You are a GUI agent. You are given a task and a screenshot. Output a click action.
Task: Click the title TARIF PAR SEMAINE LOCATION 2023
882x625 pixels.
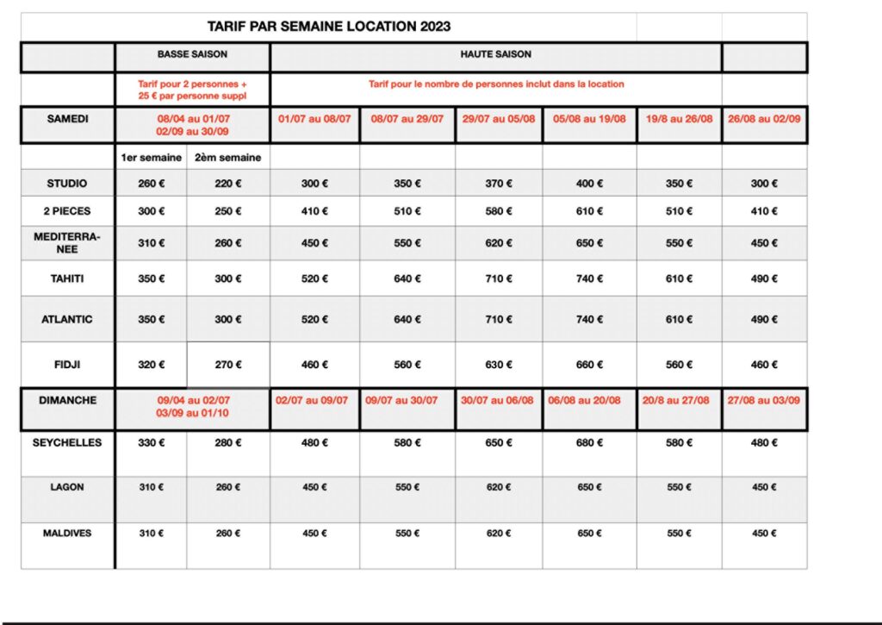pos(328,27)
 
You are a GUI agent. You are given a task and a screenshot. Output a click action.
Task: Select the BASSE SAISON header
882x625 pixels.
pos(192,54)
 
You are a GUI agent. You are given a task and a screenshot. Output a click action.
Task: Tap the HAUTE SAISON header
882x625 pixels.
pos(495,54)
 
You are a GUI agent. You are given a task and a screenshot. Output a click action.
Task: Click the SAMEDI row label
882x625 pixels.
pos(67,118)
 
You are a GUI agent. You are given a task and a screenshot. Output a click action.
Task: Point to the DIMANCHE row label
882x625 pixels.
pos(67,401)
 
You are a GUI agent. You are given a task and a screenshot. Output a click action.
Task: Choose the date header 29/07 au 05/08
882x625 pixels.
pos(499,119)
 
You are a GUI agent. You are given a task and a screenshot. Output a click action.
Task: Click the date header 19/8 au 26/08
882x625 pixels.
pos(680,119)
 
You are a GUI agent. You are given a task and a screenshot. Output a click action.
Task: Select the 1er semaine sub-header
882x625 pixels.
pos(151,158)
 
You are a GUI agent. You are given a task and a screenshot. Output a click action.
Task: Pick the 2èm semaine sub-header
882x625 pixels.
pos(228,158)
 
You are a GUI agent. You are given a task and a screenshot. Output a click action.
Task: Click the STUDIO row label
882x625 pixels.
pos(67,184)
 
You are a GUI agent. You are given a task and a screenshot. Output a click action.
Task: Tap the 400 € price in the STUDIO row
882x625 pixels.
pos(590,184)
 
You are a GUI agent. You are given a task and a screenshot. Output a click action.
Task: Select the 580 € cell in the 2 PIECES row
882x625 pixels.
pos(499,211)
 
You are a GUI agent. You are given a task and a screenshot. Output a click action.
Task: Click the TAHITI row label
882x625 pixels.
pos(67,278)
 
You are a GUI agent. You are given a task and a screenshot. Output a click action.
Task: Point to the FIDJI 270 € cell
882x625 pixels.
pos(228,365)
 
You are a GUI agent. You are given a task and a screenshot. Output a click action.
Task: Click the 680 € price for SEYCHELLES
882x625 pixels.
pos(590,443)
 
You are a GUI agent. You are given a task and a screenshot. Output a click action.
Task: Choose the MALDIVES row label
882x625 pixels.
pos(67,534)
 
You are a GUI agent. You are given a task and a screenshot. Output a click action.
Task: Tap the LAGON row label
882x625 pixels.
pos(67,487)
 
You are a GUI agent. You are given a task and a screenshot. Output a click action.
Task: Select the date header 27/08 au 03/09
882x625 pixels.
pos(764,401)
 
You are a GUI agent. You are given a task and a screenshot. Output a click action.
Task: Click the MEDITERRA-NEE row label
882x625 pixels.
pos(67,242)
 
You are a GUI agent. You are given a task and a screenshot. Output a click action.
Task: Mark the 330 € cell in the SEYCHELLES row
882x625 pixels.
pos(151,443)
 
